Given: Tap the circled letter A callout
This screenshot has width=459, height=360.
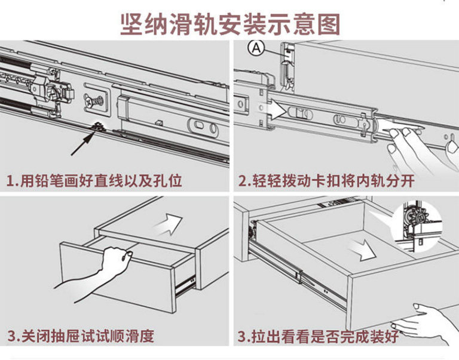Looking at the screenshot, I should click(x=257, y=48).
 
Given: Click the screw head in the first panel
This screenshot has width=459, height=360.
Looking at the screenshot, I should click(x=94, y=101).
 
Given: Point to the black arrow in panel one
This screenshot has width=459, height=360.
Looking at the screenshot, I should click(x=82, y=142).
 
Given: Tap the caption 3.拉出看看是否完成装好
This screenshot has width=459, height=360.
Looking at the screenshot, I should click(x=318, y=336).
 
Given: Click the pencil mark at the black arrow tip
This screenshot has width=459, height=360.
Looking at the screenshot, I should click(x=96, y=127).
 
